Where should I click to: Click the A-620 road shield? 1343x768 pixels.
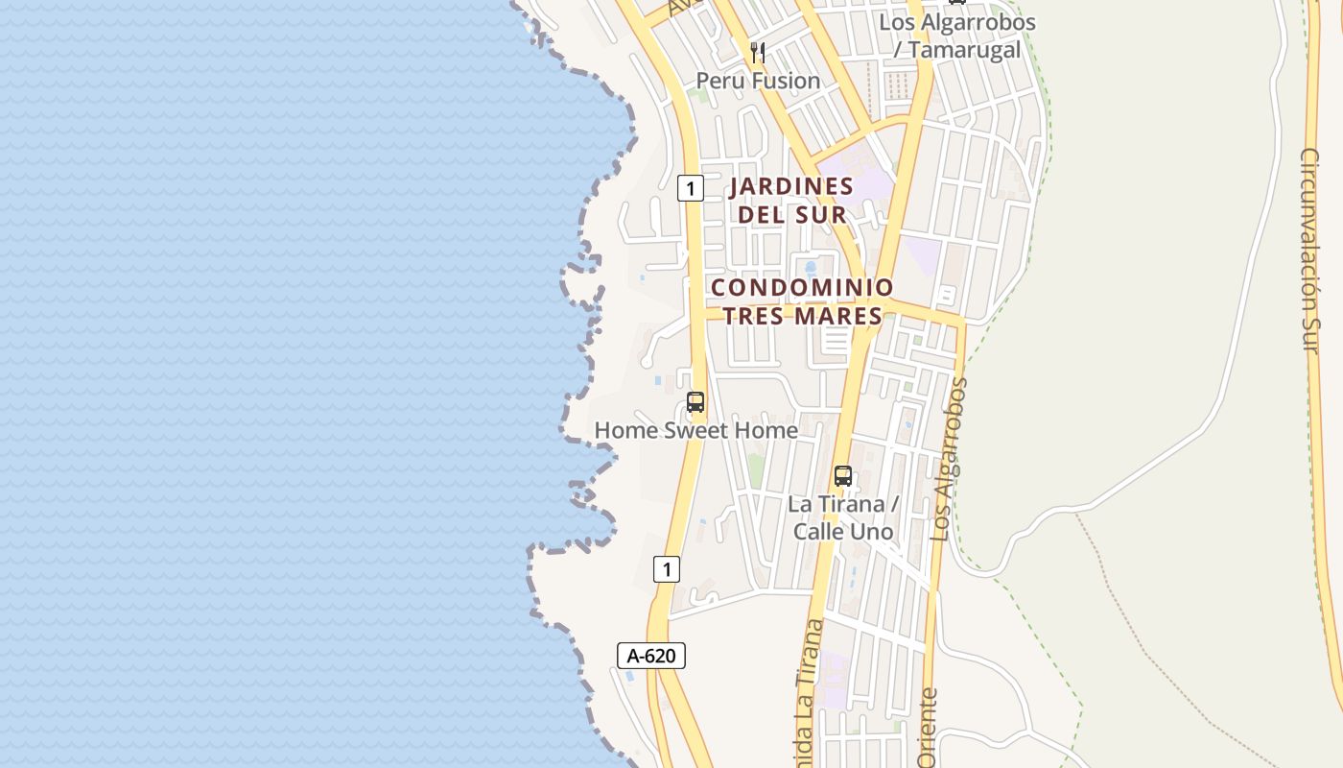[650, 656]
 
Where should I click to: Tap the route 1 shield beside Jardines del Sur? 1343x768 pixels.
[690, 188]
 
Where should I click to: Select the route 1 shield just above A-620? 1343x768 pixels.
[667, 569]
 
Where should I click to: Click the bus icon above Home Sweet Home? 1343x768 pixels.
[695, 403]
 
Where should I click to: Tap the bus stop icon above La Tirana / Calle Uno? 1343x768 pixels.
[843, 475]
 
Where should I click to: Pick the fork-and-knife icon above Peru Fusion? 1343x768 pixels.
[758, 52]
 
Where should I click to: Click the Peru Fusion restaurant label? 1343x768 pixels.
[758, 81]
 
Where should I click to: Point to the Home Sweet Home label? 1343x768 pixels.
[695, 430]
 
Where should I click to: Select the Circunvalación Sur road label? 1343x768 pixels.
[1311, 250]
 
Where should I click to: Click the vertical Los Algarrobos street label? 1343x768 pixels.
[950, 459]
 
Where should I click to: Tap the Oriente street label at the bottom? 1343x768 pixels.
[928, 730]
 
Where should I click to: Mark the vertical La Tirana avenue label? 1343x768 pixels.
[808, 691]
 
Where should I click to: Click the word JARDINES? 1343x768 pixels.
[791, 185]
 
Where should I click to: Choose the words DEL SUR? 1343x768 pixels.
[791, 214]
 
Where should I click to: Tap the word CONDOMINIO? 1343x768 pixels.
[802, 287]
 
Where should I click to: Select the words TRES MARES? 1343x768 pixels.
[802, 316]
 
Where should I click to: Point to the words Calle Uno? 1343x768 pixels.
[843, 531]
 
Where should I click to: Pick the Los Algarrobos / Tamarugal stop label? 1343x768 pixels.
[957, 36]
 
